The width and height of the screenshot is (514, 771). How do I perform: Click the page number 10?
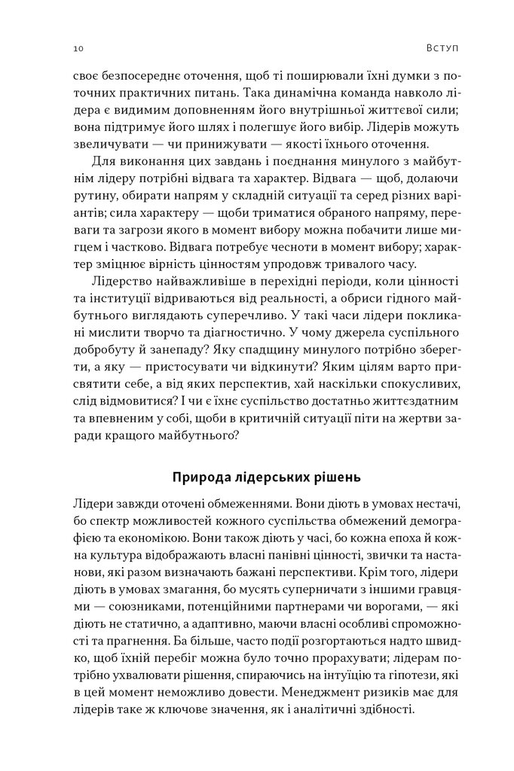[x=78, y=49]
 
